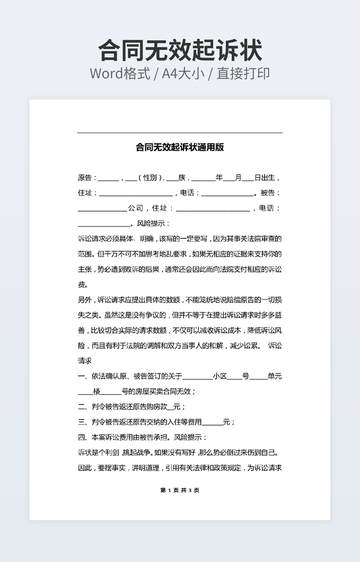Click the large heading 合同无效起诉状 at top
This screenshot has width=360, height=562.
tap(180, 51)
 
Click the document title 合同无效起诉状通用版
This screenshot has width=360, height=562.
tap(179, 147)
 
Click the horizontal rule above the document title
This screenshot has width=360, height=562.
tap(179, 133)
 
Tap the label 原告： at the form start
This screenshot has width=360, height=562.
tap(87, 178)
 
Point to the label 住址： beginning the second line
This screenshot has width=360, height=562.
tap(87, 193)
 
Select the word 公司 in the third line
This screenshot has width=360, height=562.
tap(136, 209)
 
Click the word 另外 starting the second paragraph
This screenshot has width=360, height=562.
tap(85, 300)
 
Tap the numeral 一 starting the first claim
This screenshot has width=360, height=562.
tap(81, 376)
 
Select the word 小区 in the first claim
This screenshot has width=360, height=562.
tap(220, 376)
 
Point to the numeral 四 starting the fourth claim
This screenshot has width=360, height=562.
tap(81, 437)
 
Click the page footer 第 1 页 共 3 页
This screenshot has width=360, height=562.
tap(179, 490)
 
